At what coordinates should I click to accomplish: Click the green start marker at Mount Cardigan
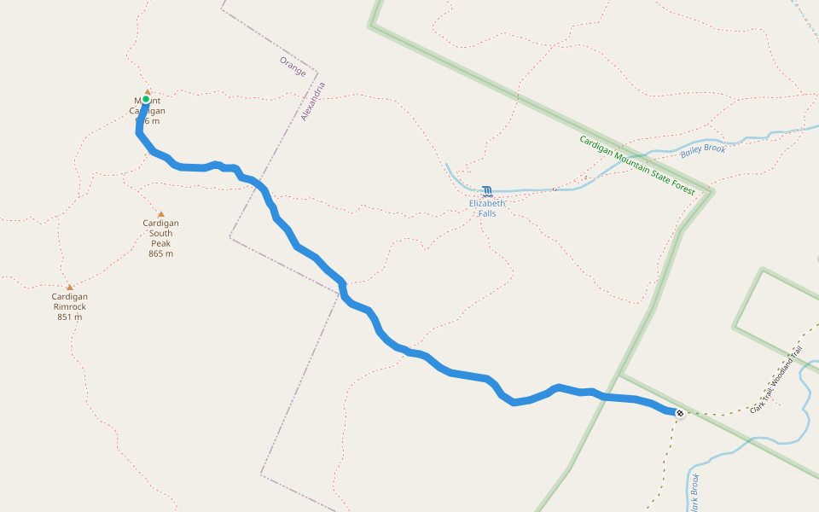[146, 99]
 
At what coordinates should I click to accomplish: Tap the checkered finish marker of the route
[680, 413]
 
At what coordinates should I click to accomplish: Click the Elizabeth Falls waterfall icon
[487, 191]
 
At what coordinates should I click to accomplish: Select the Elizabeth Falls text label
[487, 208]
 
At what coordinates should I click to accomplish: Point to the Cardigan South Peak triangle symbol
[160, 214]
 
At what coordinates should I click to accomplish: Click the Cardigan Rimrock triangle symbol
[70, 288]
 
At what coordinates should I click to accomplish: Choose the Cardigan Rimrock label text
[70, 301]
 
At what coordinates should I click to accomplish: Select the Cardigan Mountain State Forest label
[636, 165]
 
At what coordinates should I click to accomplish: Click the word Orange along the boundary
[293, 67]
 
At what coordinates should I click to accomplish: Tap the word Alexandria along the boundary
[313, 101]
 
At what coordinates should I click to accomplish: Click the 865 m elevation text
[160, 253]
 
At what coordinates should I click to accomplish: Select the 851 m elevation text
[70, 317]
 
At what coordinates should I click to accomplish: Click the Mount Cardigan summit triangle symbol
[147, 91]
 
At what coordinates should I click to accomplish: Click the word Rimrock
[70, 306]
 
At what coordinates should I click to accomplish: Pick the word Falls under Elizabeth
[487, 213]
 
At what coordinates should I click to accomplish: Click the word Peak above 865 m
[160, 243]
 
